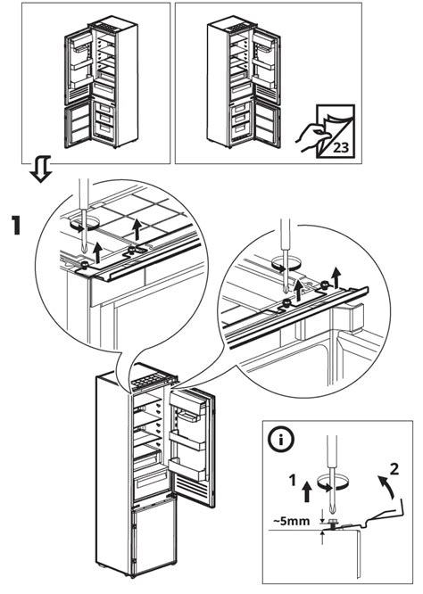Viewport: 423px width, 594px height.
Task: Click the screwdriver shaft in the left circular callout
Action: click(81, 201)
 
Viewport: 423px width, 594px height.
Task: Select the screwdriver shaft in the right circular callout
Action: click(287, 263)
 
